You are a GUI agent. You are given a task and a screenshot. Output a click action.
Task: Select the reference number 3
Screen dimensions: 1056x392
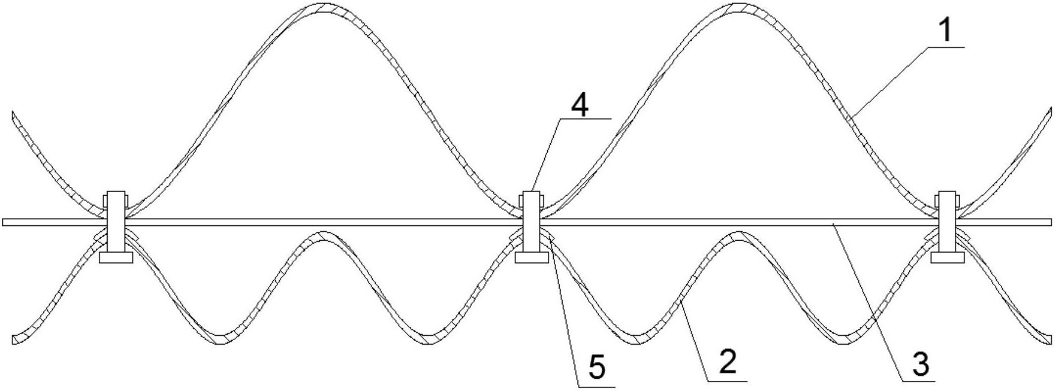tap(920, 364)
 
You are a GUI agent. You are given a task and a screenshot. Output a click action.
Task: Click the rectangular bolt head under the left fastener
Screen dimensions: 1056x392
tap(116, 257)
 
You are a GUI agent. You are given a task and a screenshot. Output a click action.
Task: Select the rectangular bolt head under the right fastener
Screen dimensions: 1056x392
tap(948, 257)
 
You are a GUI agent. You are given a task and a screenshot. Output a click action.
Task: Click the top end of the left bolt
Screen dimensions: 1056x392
tap(116, 193)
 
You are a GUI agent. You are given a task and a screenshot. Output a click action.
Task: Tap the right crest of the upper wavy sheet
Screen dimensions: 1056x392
tap(737, 7)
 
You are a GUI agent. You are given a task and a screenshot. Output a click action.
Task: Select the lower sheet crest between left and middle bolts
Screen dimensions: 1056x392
tap(322, 235)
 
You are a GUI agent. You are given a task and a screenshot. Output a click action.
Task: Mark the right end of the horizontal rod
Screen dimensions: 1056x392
tap(1050, 222)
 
